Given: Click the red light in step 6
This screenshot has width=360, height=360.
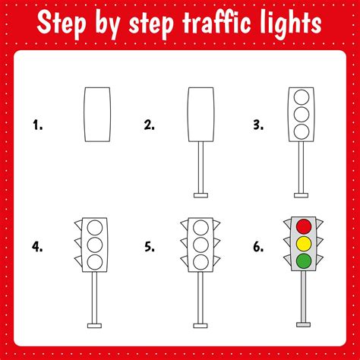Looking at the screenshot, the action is pyautogui.click(x=304, y=226).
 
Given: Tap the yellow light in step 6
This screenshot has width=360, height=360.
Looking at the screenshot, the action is pyautogui.click(x=304, y=244).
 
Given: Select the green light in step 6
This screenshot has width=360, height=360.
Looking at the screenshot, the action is pyautogui.click(x=304, y=261).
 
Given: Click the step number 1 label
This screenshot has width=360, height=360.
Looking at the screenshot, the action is pyautogui.click(x=38, y=125).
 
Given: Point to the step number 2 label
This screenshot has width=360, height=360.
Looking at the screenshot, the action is pyautogui.click(x=149, y=125).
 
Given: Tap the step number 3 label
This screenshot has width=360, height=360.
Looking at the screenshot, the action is pyautogui.click(x=258, y=125).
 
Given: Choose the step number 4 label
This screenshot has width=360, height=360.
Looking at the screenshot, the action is pyautogui.click(x=37, y=247).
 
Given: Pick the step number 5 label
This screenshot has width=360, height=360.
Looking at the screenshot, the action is pyautogui.click(x=150, y=247).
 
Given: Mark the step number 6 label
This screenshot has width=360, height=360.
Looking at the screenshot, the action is pyautogui.click(x=258, y=247).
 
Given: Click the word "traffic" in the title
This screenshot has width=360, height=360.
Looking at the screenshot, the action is pyautogui.click(x=216, y=23).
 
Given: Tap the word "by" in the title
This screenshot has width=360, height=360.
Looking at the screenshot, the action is pyautogui.click(x=107, y=25).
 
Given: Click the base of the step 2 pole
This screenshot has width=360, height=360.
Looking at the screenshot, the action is pyautogui.click(x=201, y=195).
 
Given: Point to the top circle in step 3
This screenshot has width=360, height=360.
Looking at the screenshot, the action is pyautogui.click(x=302, y=97).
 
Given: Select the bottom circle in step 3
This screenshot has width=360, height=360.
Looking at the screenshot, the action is pyautogui.click(x=302, y=131).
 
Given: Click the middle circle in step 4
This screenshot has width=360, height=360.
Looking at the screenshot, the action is pyautogui.click(x=95, y=245).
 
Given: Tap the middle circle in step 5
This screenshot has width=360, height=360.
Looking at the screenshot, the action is pyautogui.click(x=201, y=245).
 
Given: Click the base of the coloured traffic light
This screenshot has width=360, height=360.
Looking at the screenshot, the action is pyautogui.click(x=303, y=324).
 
